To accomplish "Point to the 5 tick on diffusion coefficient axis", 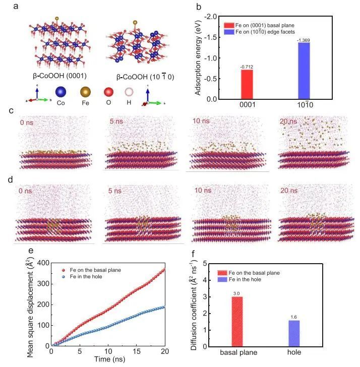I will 204,263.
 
